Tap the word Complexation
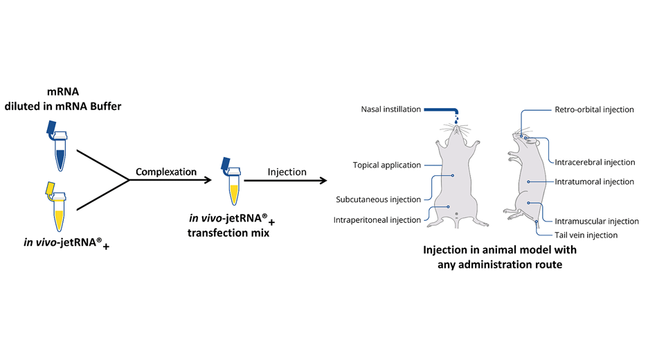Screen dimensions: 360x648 [166, 171]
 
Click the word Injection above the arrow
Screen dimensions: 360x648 [286, 172]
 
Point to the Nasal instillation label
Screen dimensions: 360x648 [390, 109]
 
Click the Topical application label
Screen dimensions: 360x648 [386, 165]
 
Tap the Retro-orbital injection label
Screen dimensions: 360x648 [594, 109]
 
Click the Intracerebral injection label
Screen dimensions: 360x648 [595, 163]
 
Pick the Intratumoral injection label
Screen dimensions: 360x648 [594, 182]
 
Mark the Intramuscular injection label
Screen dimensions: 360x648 [596, 222]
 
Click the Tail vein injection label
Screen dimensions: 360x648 [586, 235]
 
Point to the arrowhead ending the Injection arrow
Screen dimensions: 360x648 [324, 182]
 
